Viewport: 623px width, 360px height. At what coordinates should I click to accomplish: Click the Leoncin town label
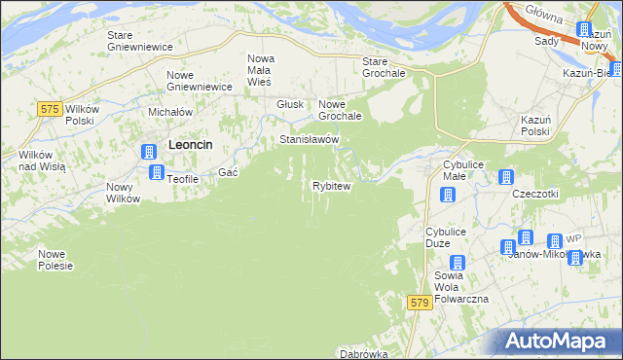coord(191,144)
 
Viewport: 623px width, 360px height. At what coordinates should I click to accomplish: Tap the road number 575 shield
coord(53,109)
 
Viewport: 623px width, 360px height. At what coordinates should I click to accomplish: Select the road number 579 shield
coord(420,304)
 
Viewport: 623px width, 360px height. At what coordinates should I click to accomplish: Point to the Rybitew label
coord(331,185)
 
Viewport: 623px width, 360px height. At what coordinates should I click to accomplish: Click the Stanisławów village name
coord(309,139)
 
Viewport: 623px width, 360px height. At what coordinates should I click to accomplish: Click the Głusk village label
coord(291,104)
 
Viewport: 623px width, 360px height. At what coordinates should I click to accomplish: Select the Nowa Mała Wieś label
coord(261,70)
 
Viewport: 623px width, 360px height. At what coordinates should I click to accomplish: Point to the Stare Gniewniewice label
coord(139,41)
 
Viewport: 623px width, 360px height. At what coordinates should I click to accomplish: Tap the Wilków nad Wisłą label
coord(42,161)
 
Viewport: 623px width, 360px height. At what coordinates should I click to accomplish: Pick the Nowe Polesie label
coord(55,260)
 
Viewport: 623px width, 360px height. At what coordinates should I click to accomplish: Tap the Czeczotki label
coord(534,194)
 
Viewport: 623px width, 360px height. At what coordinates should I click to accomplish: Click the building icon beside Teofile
coord(156,172)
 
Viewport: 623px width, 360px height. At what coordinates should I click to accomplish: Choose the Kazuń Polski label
coord(535,126)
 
